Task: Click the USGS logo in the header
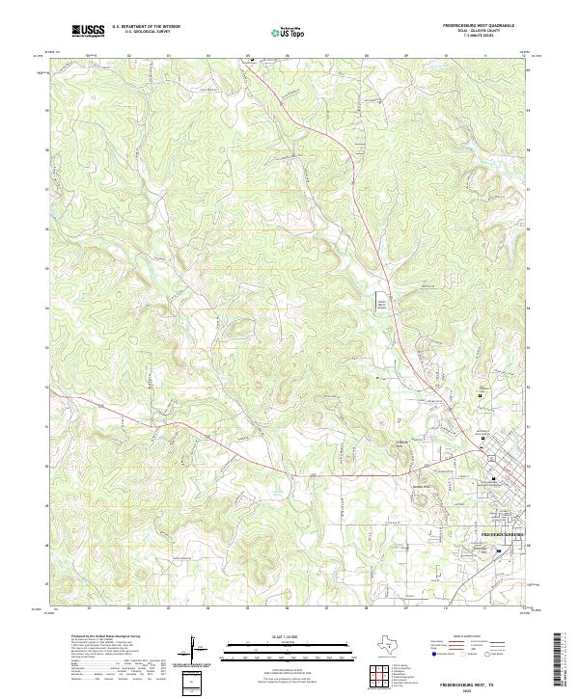[x=88, y=31]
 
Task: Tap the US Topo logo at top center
[x=288, y=31]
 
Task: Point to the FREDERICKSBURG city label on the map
[x=502, y=532]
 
